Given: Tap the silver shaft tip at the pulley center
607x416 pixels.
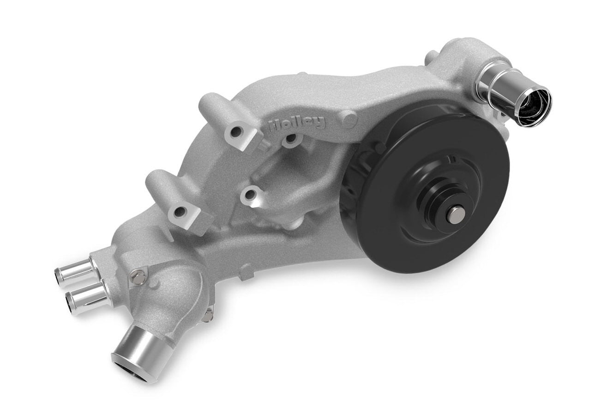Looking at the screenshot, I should point(456,215).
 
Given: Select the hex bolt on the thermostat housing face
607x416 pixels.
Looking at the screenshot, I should point(137,277).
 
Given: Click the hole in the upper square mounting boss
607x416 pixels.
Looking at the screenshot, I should point(235,133).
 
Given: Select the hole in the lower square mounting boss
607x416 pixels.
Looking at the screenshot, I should point(180,212).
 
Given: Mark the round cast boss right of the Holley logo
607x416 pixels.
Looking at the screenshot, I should point(349,120).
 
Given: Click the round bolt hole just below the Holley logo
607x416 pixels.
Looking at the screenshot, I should point(291,138).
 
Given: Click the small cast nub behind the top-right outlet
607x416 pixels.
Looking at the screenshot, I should point(430,58).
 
